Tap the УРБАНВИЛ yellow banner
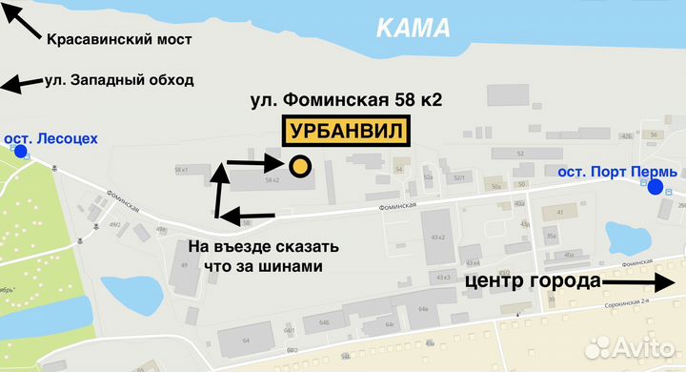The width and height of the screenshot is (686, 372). pyautogui.click(x=346, y=131)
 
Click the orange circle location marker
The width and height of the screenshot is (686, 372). pyautogui.click(x=299, y=166)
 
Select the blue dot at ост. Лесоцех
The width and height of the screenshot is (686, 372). pyautogui.click(x=21, y=151)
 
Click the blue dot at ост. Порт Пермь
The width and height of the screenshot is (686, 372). pyautogui.click(x=655, y=187)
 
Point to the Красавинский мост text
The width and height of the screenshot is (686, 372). pyautogui.click(x=119, y=40)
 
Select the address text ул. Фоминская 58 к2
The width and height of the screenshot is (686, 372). pyautogui.click(x=346, y=98)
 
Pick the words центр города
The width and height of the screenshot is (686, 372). pyautogui.click(x=534, y=281)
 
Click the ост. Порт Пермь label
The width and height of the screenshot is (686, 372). pyautogui.click(x=616, y=172)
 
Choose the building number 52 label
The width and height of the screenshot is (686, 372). pyautogui.click(x=520, y=154)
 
